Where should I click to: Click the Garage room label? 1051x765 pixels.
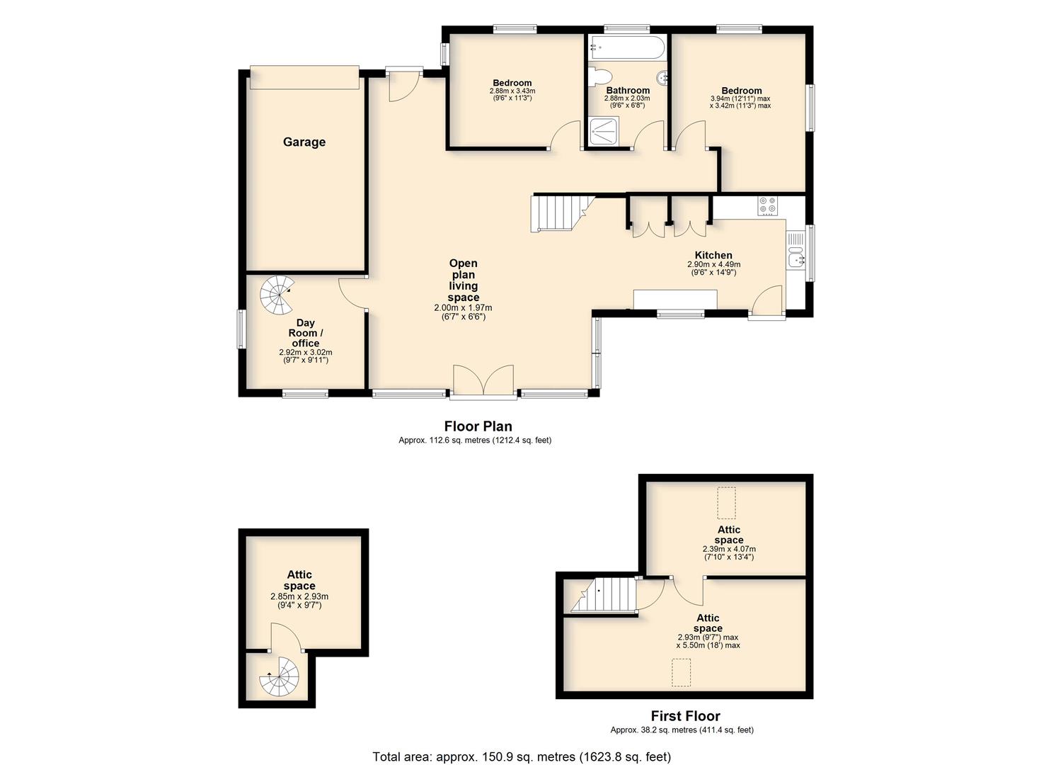pos(304,142)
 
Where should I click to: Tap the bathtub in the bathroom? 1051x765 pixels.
pos(626,47)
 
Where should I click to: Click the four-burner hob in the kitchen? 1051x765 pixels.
pos(768,205)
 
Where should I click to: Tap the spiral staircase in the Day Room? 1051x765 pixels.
pos(277,295)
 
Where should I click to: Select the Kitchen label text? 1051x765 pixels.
pos(713,255)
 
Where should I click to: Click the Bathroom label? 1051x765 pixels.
pos(628,90)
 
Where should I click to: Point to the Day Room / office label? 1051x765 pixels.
pos(306,333)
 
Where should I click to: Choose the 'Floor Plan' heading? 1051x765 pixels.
pos(478,426)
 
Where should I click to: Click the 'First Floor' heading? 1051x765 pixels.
pos(686,715)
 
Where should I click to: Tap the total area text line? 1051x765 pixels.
pos(522,756)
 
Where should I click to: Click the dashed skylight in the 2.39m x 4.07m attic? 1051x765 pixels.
pos(727,503)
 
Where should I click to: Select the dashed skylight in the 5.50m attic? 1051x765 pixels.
pos(682,672)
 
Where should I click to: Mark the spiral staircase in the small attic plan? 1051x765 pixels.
pos(279,676)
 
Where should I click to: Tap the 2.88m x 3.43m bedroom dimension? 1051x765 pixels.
pos(512,91)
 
